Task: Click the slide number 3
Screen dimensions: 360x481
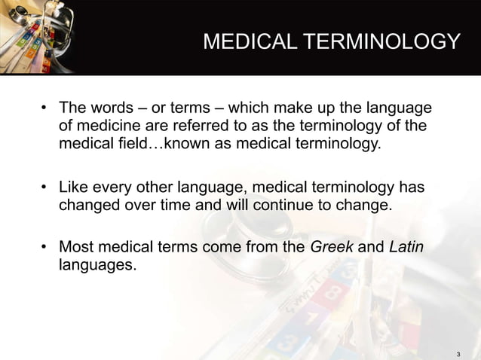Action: click(460, 354)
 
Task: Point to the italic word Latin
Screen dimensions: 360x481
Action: click(406, 246)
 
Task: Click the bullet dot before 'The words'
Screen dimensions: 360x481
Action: click(45, 106)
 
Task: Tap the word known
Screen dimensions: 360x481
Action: click(191, 142)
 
